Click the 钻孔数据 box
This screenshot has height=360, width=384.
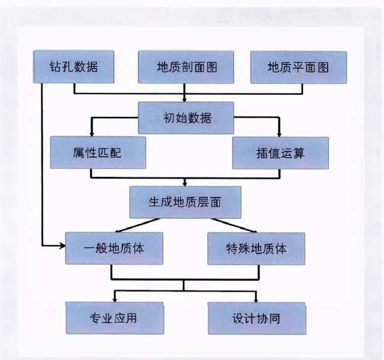coord(74,67)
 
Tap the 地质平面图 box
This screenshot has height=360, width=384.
coord(298,67)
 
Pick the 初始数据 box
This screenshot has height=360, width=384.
coord(185,117)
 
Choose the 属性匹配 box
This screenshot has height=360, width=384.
coord(98,152)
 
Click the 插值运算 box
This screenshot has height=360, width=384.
coord(280,152)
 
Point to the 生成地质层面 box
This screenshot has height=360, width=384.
coord(185,202)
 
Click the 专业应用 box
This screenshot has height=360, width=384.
coord(113,317)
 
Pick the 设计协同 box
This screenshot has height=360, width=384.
coord(256,317)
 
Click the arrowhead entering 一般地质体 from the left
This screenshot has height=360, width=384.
coord(62,246)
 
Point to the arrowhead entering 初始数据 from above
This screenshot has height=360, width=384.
coord(185,98)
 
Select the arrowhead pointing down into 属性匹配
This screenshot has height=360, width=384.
coord(91,133)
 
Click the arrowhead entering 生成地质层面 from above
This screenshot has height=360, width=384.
coord(185,183)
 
